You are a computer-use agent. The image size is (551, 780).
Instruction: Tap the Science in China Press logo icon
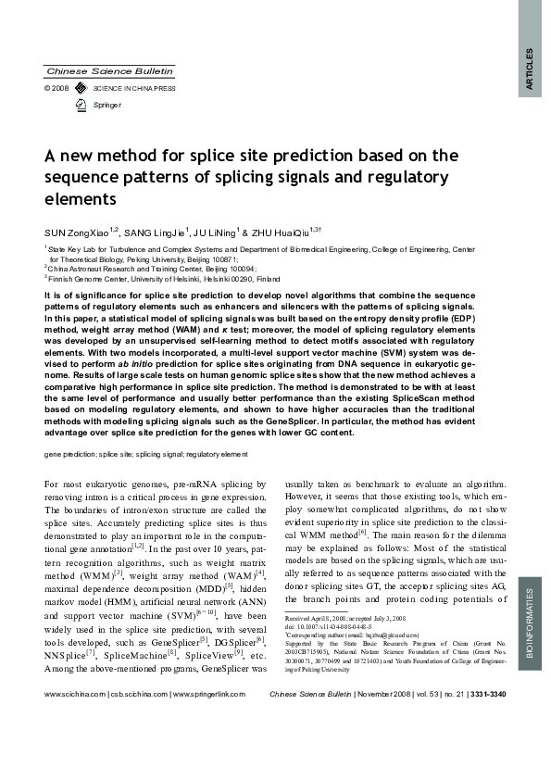tap(79, 88)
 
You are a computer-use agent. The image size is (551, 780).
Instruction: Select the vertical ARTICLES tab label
tap(530, 69)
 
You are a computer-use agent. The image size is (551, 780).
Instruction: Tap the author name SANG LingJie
tap(156, 232)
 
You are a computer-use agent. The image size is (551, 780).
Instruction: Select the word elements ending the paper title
tap(79, 198)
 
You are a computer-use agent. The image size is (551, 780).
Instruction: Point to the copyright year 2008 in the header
tap(61, 88)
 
